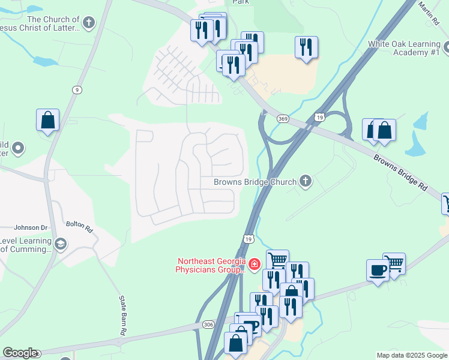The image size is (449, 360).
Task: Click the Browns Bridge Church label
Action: (256, 182)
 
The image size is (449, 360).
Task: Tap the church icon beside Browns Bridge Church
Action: (306, 181)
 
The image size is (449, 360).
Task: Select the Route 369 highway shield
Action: (283, 119)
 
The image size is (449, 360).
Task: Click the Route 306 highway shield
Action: (208, 325)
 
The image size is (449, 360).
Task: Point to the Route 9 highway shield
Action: (77, 90)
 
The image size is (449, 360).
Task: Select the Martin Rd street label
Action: (429, 13)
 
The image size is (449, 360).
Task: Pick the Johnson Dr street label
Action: (30, 227)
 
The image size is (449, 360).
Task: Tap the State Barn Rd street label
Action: (122, 315)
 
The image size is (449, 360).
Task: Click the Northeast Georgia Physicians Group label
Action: (211, 265)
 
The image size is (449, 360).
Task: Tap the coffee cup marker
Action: (378, 271)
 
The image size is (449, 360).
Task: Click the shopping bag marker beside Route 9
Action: (47, 120)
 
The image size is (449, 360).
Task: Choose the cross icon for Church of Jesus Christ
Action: (89, 23)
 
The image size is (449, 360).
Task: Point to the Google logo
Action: (20, 353)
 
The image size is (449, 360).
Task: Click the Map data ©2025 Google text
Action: (412, 355)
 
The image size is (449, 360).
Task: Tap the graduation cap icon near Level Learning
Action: (60, 244)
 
